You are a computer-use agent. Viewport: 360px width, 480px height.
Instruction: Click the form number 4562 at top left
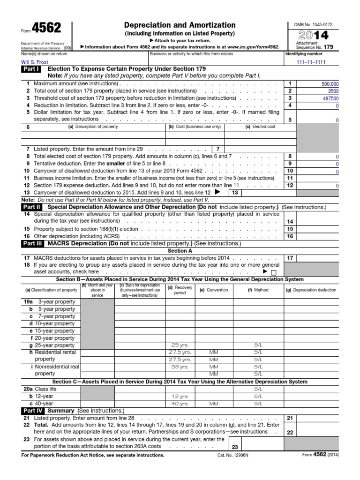pos(47,28)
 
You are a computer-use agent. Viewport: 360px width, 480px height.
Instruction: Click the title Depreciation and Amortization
pos(180,25)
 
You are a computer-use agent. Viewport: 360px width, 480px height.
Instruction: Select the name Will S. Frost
pos(34,61)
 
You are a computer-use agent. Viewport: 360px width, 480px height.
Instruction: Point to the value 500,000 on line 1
pos(330,83)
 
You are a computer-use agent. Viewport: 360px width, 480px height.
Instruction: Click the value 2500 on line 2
pos(333,91)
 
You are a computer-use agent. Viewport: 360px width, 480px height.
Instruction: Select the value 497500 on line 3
pos(330,98)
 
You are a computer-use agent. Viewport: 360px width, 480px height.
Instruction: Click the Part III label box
pos(32,244)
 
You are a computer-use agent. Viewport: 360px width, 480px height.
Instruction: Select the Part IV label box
pos(32,410)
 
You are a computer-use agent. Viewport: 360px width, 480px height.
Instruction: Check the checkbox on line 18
pos(274,272)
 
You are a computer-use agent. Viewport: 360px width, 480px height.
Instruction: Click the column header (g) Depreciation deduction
pos(311,290)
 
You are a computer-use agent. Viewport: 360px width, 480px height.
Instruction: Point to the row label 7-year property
pos(56,316)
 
